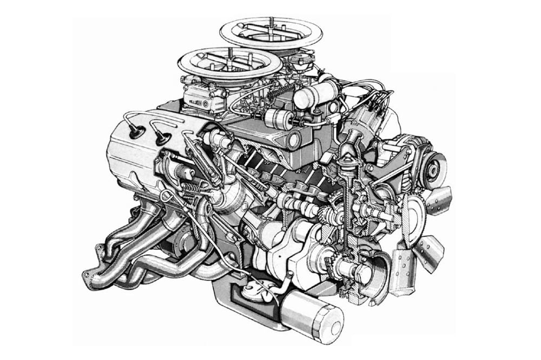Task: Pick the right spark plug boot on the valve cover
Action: pos(161,139)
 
